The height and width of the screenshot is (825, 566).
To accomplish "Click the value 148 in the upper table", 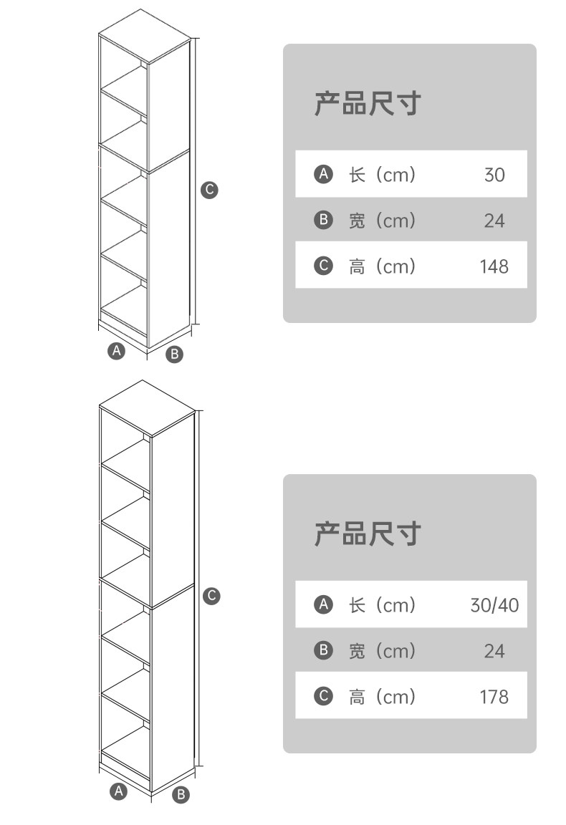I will [494, 266].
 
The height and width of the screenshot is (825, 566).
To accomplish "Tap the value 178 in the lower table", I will [494, 696].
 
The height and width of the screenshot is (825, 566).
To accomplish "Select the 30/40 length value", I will [494, 605].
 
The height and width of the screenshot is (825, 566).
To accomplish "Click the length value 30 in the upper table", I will [494, 175].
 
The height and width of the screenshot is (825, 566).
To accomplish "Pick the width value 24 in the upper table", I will [494, 221].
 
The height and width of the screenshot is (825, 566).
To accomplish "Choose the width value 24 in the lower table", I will [494, 651].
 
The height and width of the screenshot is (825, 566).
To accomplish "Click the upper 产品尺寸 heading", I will [366, 104].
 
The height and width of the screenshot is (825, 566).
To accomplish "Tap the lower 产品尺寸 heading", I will [366, 534].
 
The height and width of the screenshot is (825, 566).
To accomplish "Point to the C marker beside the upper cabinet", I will [208, 190].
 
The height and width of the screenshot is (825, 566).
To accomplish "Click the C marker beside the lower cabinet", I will [211, 596].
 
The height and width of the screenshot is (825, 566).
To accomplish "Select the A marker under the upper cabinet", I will [117, 351].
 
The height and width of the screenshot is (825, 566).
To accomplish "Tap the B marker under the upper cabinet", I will [174, 354].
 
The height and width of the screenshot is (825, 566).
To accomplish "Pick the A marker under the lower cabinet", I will [119, 791].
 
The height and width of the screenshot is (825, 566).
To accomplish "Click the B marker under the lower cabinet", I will [181, 794].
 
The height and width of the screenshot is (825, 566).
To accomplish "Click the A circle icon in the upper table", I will [324, 174].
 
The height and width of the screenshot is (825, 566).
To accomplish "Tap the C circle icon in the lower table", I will [324, 695].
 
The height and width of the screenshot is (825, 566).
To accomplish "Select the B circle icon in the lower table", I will [324, 650].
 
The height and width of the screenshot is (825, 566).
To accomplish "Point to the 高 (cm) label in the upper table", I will [382, 266].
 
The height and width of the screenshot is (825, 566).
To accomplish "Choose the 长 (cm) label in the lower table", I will [382, 605].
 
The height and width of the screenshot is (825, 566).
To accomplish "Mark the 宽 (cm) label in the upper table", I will [382, 221].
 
